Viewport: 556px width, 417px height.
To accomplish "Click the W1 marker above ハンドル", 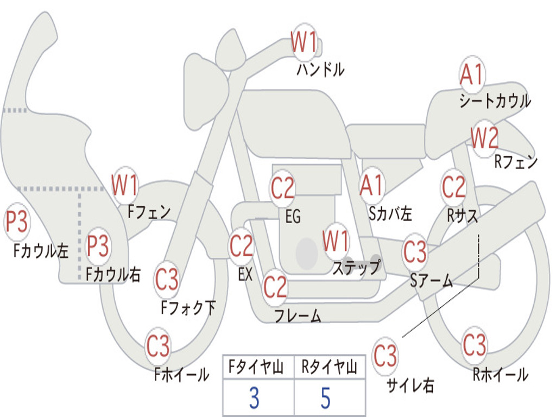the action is [x=304, y=42].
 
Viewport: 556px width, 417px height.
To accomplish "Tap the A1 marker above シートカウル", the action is [x=472, y=74].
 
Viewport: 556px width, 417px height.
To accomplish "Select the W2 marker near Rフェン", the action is [x=484, y=137].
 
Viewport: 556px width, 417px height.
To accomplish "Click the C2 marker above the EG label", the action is [x=282, y=188].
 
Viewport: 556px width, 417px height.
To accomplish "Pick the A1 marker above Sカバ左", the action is [x=372, y=185].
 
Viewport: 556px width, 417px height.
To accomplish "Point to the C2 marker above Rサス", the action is [x=453, y=187].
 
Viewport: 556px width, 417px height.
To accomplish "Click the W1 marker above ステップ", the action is [x=336, y=241].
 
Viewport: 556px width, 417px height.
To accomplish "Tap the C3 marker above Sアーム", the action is [x=415, y=251].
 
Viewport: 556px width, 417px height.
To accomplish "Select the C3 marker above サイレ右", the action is [x=385, y=356].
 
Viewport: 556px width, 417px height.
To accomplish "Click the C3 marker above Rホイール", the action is [x=474, y=345].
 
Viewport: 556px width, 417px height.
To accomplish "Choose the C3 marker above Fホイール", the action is [x=158, y=346].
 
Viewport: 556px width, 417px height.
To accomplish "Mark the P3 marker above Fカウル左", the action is [x=16, y=222].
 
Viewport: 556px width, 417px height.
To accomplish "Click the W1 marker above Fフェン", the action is [x=124, y=185].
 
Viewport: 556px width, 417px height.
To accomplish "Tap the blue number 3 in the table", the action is [x=254, y=398].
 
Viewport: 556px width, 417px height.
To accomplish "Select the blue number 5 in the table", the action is [x=326, y=398].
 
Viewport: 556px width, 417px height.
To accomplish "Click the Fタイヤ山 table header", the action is [x=256, y=367].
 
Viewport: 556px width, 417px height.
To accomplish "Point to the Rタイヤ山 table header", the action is [x=329, y=367].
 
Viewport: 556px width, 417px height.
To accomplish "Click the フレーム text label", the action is [x=298, y=315].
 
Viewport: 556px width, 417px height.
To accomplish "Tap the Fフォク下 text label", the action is [x=188, y=307].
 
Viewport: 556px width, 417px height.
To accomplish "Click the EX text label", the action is [x=245, y=274].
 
